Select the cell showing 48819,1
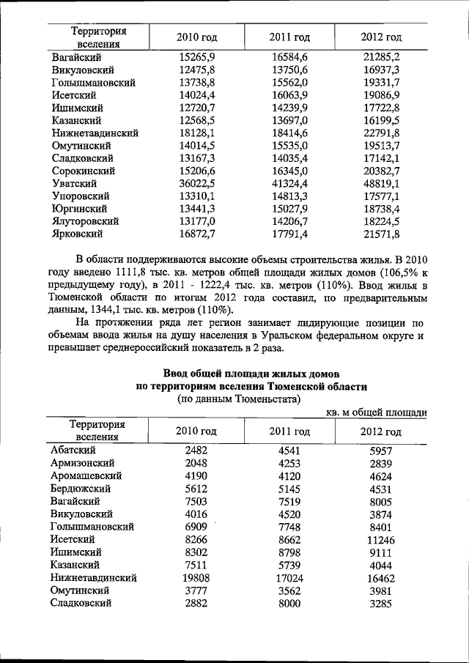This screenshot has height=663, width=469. tap(380, 183)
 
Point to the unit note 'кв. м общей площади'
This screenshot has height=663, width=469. tap(374, 413)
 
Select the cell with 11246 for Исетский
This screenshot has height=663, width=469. tap(380, 539)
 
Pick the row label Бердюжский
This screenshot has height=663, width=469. tap(81, 488)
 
